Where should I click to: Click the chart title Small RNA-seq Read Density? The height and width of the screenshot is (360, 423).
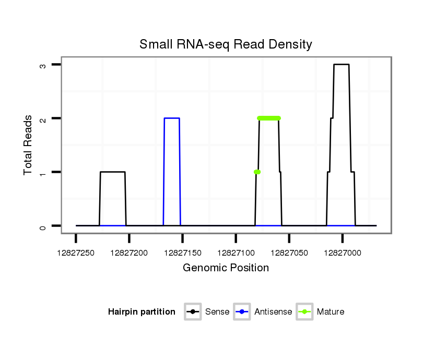(226, 44)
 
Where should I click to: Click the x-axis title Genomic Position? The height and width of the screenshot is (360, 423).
(226, 268)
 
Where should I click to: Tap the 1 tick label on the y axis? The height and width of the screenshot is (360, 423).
(44, 172)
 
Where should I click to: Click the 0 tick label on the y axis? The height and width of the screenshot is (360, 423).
(44, 226)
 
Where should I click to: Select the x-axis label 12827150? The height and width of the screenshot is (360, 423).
(182, 253)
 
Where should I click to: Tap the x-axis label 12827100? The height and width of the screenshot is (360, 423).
(236, 253)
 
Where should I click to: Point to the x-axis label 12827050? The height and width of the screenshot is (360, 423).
(289, 253)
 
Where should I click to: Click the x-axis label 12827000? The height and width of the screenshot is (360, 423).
(342, 253)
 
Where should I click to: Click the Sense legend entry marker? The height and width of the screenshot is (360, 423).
(193, 312)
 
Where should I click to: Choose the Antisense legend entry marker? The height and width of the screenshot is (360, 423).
(242, 312)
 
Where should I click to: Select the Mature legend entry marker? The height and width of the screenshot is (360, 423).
(304, 312)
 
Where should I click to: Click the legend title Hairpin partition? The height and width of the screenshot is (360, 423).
(142, 312)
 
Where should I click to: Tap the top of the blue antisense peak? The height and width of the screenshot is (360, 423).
(172, 118)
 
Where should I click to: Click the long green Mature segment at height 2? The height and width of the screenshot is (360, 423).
(269, 118)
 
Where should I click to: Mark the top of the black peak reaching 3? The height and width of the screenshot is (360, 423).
(341, 64)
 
